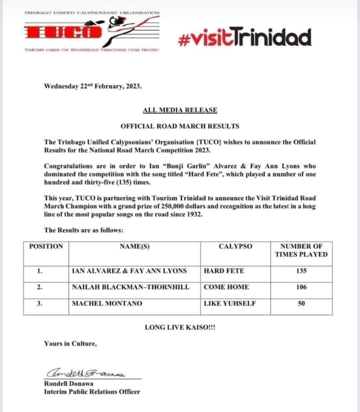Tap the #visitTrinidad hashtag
[x=244, y=37]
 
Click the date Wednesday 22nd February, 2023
[x=93, y=86]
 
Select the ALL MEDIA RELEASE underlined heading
[x=180, y=110]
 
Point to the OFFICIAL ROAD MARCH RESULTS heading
[x=180, y=126]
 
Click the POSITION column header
[x=46, y=246]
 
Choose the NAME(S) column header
[x=134, y=246]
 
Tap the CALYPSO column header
[x=235, y=246]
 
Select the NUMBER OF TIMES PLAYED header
[x=301, y=250]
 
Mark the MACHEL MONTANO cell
[x=107, y=303]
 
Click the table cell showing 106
[x=301, y=287]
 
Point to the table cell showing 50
[x=301, y=303]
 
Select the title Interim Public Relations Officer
[x=92, y=391]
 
